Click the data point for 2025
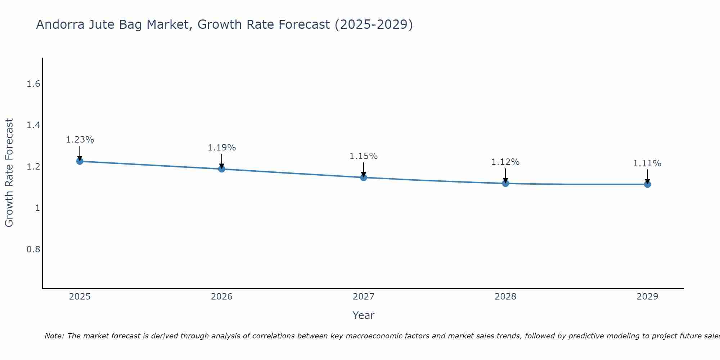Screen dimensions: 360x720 point(80,161)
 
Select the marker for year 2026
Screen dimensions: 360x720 point(221,169)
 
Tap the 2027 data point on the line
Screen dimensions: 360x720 point(363,177)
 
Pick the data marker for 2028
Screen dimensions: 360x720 point(505,183)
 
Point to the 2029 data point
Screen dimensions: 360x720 point(647,184)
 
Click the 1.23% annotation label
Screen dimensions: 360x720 point(80,140)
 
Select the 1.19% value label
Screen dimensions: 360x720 point(221,148)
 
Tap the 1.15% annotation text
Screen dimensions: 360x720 point(363,156)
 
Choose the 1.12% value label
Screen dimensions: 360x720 point(505,162)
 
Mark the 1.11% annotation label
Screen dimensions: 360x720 point(647,163)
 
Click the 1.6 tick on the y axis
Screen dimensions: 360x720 point(33,84)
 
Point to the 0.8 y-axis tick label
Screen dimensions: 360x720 point(33,249)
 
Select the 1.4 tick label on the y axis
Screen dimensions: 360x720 point(33,125)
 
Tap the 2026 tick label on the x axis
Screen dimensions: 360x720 point(221,297)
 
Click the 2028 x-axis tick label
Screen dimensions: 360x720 point(505,297)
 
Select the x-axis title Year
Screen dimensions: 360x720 point(363,315)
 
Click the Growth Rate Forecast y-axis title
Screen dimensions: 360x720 point(9,173)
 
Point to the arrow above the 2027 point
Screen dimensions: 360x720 point(363,169)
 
